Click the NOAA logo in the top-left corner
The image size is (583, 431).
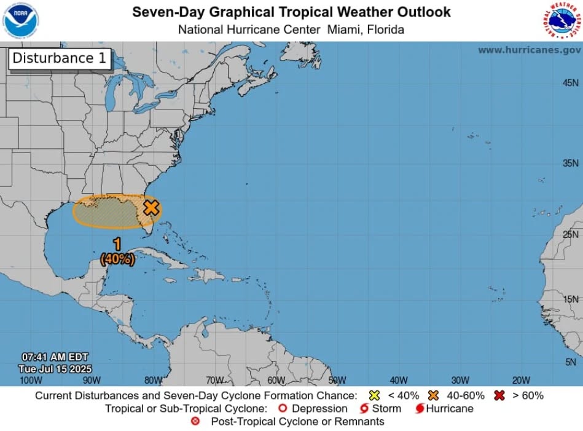coord(20,20)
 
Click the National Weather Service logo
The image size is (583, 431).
coord(561,20)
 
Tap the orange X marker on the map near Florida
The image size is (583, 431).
coord(151,207)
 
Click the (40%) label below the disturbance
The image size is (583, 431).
coord(117,259)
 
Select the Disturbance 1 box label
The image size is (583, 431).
coord(60,58)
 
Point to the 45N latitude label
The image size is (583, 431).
coord(570,83)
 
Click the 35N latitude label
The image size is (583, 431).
coord(570,163)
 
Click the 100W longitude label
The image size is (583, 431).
coord(31,380)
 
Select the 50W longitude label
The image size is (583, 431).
coord(337,380)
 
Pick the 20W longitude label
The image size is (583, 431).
coord(521,380)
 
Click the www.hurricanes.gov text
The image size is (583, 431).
coord(529,50)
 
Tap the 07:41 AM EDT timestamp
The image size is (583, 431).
coord(55,357)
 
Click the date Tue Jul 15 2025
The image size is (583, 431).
coord(55,369)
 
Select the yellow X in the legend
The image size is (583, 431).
coord(375,395)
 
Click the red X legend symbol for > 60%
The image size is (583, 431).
coord(499,395)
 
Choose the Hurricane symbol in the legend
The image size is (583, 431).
coord(420,408)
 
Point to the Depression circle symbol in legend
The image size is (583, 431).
coord(283,408)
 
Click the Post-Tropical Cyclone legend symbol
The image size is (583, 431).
coord(195,421)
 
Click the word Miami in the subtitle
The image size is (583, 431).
coord(341,30)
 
